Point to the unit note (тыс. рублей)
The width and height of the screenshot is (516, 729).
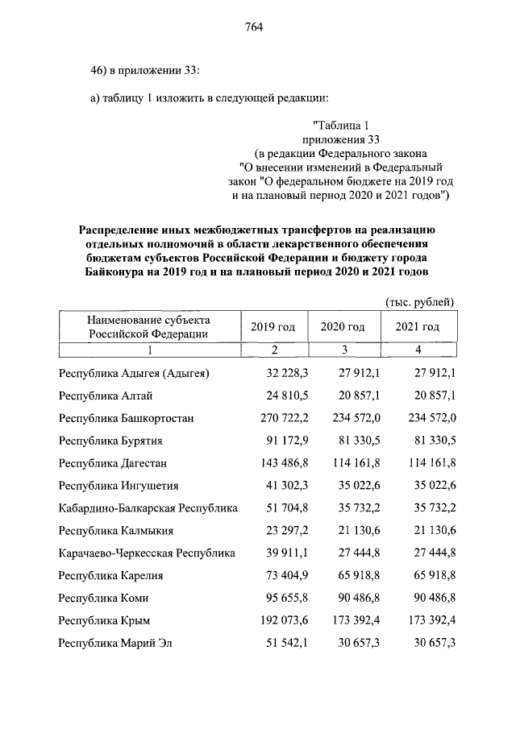pos(418,301)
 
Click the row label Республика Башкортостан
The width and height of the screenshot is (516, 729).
pos(126,418)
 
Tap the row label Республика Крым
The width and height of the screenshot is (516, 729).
pos(105,621)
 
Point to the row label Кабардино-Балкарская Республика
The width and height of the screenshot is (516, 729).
pos(148,508)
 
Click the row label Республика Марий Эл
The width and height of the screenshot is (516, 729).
pos(115,644)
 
